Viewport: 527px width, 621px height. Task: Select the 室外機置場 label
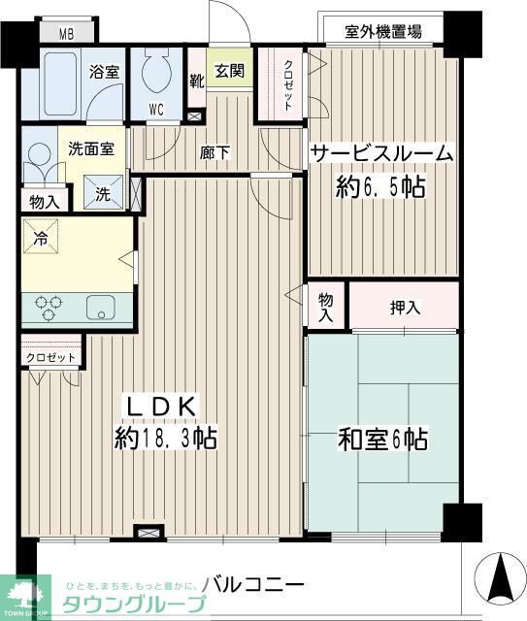click(x=382, y=31)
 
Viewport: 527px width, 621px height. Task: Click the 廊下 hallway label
click(x=214, y=151)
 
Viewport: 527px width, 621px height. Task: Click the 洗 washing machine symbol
click(x=103, y=192)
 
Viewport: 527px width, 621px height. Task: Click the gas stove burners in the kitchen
click(x=49, y=308)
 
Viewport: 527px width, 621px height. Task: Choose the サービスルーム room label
click(x=381, y=153)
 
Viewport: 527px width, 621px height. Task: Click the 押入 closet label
click(x=405, y=309)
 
